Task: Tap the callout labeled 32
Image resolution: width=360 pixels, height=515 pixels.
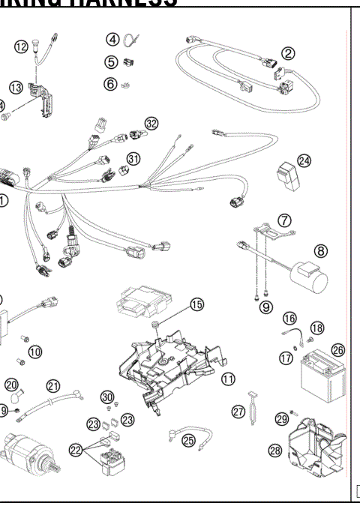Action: [x=151, y=124]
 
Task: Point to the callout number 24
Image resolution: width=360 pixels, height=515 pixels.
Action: [x=304, y=160]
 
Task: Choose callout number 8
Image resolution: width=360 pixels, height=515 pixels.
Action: [x=320, y=251]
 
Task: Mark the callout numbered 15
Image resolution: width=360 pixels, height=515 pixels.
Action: [x=196, y=304]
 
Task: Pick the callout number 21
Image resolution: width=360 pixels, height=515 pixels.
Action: [x=53, y=385]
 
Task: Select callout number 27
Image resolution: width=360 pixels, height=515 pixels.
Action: [x=239, y=411]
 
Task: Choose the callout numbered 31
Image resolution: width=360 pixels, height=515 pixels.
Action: [x=133, y=159]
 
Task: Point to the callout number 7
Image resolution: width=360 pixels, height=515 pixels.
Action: [x=285, y=220]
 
